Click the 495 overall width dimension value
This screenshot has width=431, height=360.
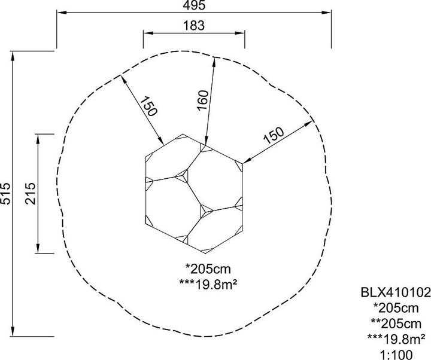click(195, 5)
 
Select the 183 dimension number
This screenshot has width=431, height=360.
click(195, 26)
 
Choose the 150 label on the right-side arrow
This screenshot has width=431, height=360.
click(274, 135)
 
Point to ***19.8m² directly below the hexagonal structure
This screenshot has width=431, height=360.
click(206, 281)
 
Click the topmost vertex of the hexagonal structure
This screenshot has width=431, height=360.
click(184, 134)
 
